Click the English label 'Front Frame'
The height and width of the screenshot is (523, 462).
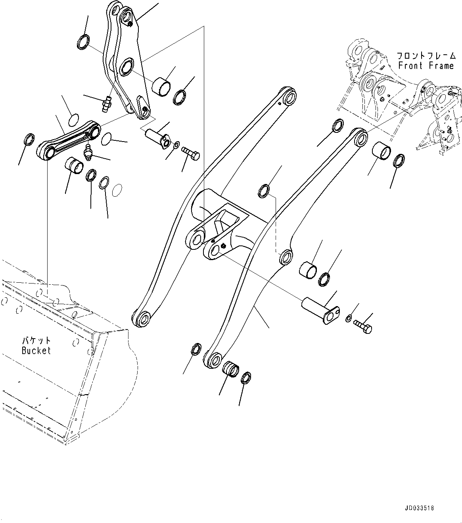pos(426,65)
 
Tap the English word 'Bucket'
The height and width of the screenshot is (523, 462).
pos(36,351)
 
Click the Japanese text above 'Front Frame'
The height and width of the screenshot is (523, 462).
pos(426,56)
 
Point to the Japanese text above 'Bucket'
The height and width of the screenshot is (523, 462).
pos(36,341)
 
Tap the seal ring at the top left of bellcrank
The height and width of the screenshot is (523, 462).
pos(84,42)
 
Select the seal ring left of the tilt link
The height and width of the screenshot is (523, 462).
pos(29,140)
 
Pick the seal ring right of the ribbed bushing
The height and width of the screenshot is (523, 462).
pos(246,378)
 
